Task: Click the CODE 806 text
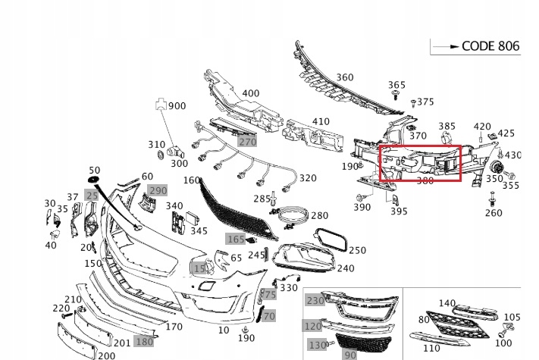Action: pos(490,46)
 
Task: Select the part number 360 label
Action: pos(344,77)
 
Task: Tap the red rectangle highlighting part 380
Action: pos(419,163)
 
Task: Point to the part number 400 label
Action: pos(250,94)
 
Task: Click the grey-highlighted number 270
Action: pos(247,142)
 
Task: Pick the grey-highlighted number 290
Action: pos(157,190)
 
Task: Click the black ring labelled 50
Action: pos(94,180)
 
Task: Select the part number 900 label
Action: pos(177,106)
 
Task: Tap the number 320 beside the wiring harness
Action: pos(307,179)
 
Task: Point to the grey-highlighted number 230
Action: pos(314,301)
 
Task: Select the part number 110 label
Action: pos(431,348)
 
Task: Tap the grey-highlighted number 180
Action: pos(143,341)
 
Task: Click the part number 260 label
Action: pos(494,213)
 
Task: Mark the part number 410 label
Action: pos(321,121)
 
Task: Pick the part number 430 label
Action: pos(513,155)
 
